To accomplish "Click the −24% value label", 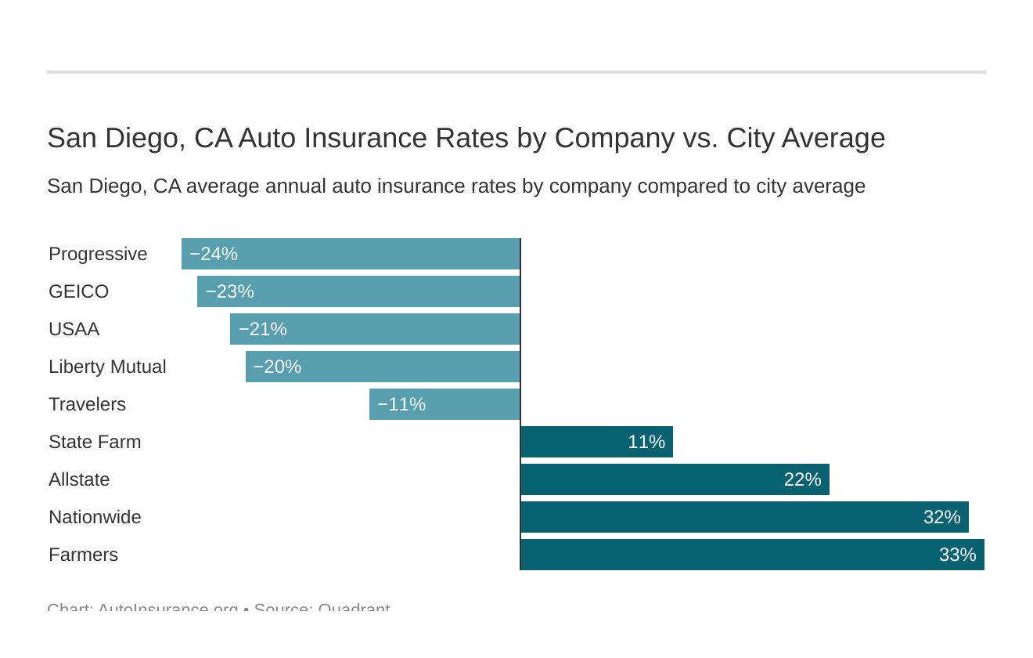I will click(214, 254).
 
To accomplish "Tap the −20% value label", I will click(277, 367).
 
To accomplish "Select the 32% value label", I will click(941, 517).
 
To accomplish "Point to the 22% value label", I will click(802, 479).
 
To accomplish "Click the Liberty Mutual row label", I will click(107, 367).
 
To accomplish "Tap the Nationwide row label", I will click(95, 517).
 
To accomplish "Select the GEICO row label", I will click(78, 291).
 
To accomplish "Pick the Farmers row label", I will click(83, 555).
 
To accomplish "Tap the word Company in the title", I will click(614, 138).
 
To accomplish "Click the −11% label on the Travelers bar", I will click(401, 404).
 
